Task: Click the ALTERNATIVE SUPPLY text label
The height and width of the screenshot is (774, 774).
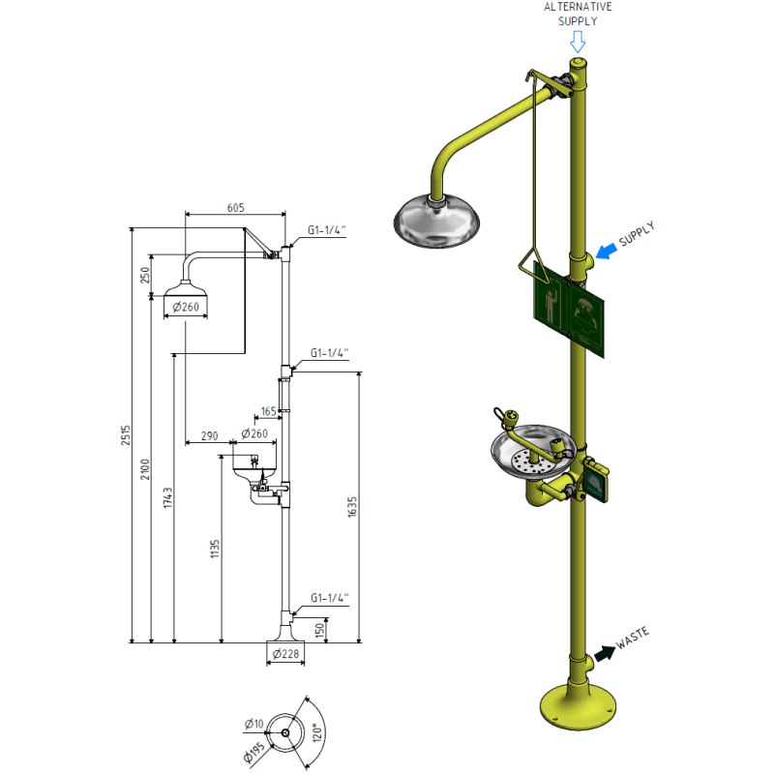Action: coord(578,14)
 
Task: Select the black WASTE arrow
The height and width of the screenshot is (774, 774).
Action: coord(606,653)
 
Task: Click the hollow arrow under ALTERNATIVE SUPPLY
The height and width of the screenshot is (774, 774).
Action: coord(578,42)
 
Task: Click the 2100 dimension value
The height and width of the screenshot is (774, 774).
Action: coord(146,469)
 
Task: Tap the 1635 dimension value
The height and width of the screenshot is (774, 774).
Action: coord(353,507)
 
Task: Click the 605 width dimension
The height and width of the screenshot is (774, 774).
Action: coord(235,207)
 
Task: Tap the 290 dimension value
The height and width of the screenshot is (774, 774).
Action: coord(209,436)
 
